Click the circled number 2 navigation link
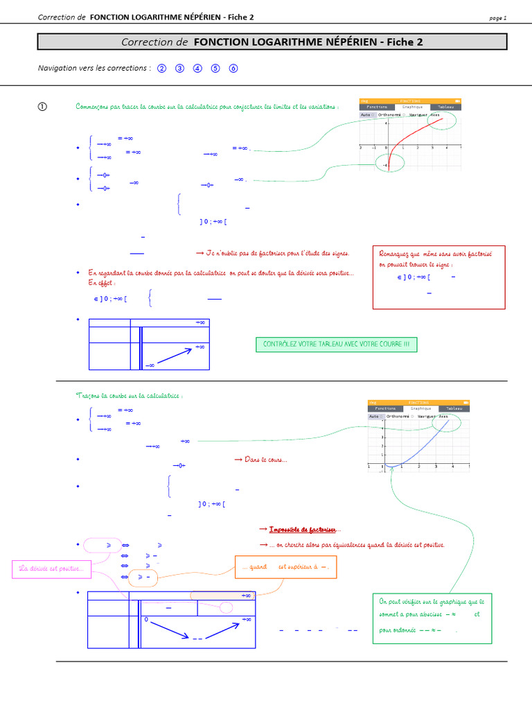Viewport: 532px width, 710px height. point(162,68)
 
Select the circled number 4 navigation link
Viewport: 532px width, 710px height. point(197,68)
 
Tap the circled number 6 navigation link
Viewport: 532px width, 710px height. point(233,68)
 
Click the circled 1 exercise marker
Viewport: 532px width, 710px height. point(42,107)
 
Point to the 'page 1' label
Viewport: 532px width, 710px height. point(497,17)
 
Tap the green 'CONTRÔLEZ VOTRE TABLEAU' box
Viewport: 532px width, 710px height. point(337,345)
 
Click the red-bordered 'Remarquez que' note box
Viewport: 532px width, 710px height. point(439,276)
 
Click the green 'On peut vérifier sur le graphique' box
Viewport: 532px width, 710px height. point(432,617)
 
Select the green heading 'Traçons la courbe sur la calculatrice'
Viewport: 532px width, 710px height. point(129,395)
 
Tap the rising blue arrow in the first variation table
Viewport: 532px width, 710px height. point(173,356)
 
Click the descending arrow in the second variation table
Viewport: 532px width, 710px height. point(169,630)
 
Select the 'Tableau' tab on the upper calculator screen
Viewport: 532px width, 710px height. point(445,107)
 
